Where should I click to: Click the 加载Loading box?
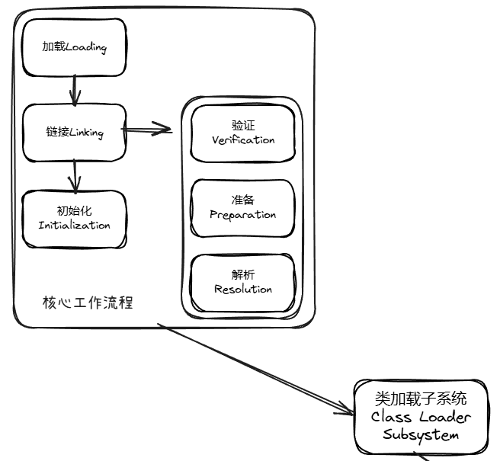74,47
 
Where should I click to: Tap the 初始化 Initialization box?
74,218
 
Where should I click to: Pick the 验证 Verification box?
242,133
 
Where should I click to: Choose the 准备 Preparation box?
242,207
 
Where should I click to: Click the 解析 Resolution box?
242,282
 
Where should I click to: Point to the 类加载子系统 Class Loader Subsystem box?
421,417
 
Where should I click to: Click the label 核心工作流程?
88,303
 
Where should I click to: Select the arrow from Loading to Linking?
74,90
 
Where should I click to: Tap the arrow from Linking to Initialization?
74,175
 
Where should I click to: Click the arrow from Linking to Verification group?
149,130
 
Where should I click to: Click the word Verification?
243,140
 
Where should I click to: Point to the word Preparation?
243,215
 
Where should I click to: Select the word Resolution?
243,290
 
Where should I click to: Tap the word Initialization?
74,226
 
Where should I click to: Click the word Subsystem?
421,436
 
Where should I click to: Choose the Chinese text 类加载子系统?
421,399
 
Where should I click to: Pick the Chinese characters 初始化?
74,210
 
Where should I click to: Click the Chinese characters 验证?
243,125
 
